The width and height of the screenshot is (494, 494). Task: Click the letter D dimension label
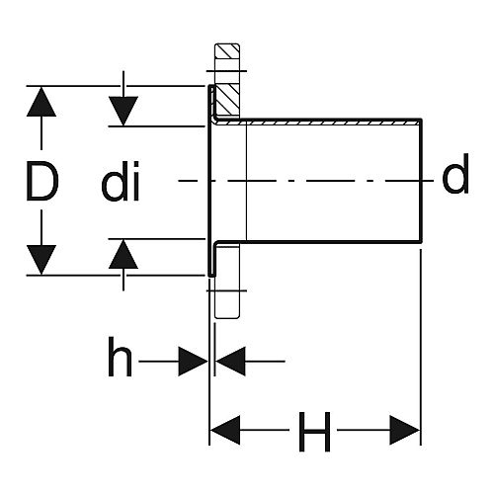(x=42, y=181)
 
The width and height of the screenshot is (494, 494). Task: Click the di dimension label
(x=121, y=181)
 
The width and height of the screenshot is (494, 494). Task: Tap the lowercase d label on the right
(x=455, y=174)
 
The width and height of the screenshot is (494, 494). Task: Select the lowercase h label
(x=120, y=357)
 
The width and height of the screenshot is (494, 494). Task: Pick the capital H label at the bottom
(x=314, y=432)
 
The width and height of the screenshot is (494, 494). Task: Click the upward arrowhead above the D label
(x=41, y=102)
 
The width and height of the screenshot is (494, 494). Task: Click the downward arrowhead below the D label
(x=41, y=260)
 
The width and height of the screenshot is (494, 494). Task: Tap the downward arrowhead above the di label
(x=123, y=112)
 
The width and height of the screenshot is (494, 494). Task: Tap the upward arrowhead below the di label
(x=123, y=254)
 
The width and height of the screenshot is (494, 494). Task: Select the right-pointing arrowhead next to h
(x=193, y=362)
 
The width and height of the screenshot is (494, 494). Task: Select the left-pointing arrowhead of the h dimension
(x=230, y=362)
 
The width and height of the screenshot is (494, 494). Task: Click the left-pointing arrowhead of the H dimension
(x=225, y=430)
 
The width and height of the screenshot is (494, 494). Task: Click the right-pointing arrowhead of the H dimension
(x=405, y=430)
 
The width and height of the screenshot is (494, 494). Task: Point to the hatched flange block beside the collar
(x=227, y=100)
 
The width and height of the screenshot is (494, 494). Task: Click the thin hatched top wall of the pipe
(x=317, y=123)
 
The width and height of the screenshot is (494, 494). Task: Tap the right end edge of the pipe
(x=421, y=181)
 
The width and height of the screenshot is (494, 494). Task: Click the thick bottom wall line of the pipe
(x=318, y=242)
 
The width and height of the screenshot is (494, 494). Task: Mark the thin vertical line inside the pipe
(x=246, y=181)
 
